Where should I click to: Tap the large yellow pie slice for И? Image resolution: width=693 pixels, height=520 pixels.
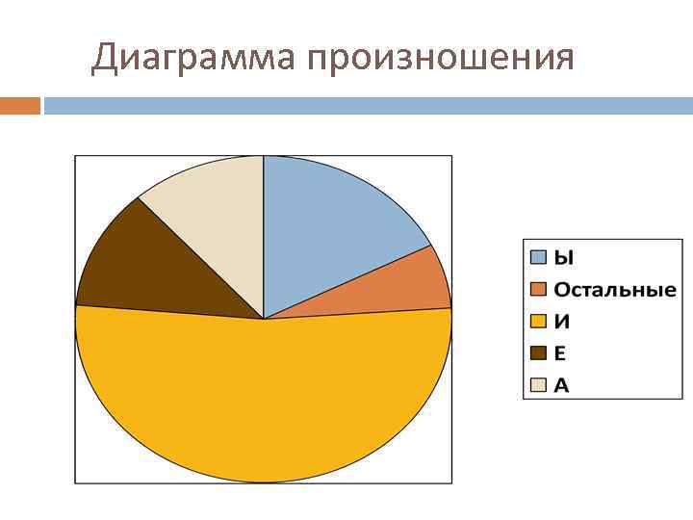263,404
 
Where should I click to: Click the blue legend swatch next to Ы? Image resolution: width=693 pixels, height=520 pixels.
539,257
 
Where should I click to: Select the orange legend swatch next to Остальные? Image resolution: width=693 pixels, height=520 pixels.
539,290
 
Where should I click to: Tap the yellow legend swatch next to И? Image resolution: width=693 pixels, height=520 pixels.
539,322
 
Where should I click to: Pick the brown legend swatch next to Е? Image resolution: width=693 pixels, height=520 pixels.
539,353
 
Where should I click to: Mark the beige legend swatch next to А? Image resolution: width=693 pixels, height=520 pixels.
539,385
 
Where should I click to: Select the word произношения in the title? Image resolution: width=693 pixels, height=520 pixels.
442,60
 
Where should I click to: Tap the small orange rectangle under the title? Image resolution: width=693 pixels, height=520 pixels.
20,105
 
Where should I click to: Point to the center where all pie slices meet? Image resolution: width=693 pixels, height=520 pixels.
263,319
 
